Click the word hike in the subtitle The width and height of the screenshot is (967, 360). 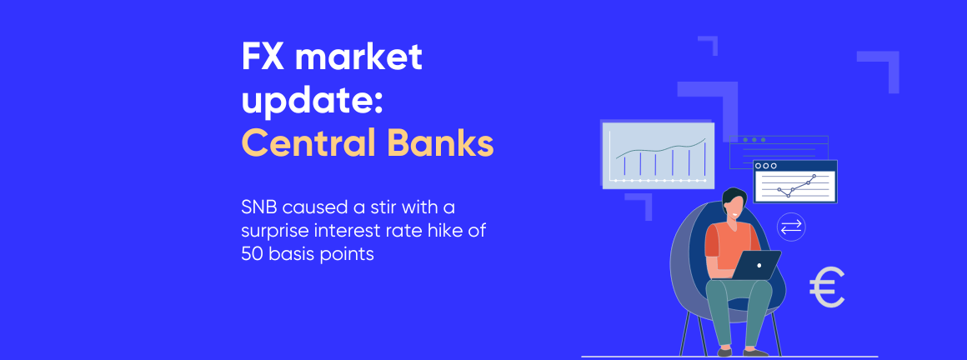click(451, 230)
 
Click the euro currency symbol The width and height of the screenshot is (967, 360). click(826, 287)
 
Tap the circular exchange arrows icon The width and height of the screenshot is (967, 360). click(790, 226)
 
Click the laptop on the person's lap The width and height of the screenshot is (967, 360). click(756, 264)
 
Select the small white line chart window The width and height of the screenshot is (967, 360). click(794, 182)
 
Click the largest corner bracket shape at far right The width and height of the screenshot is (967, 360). click(884, 67)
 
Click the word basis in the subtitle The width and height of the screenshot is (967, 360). click(299, 254)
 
